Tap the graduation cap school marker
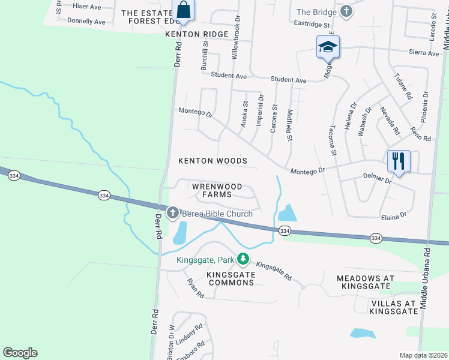tap(328, 47)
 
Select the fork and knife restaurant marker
tap(399, 161)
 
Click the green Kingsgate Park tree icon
tap(243, 259)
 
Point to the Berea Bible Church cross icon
tap(173, 213)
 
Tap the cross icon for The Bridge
tap(346, 11)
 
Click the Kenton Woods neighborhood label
tap(213, 161)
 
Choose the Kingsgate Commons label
tap(231, 278)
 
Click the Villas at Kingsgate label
tap(394, 307)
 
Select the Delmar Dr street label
tap(377, 178)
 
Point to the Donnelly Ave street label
tap(86, 21)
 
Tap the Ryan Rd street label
tap(196, 289)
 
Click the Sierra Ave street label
tap(425, 53)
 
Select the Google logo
tap(20, 353)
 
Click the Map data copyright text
tap(423, 355)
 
